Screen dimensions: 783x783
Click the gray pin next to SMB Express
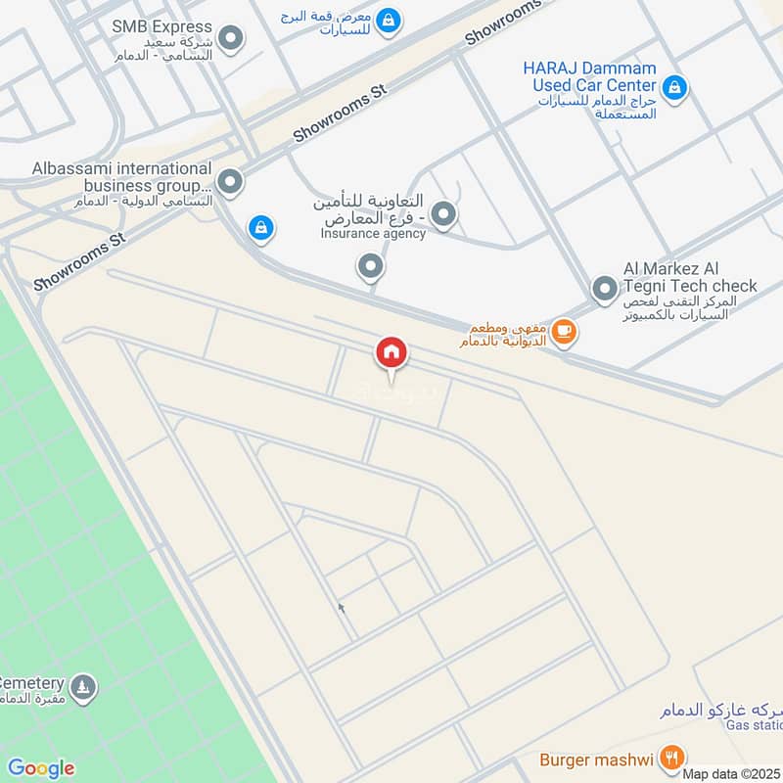pyautogui.click(x=231, y=39)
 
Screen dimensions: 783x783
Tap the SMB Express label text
pyautogui.click(x=161, y=26)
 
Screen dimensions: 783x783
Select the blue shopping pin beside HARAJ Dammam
pyautogui.click(x=673, y=89)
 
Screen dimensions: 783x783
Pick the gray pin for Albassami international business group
pyautogui.click(x=230, y=181)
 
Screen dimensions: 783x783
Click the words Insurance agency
pyautogui.click(x=374, y=234)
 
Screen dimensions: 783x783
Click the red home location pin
pyautogui.click(x=391, y=353)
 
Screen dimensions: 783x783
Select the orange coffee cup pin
pyautogui.click(x=563, y=332)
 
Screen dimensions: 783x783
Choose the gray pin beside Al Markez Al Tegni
pyautogui.click(x=605, y=288)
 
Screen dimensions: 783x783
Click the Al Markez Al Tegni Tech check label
pyautogui.click(x=690, y=277)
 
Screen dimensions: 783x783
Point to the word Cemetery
pyautogui.click(x=32, y=682)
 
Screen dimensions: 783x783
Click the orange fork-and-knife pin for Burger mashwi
pyautogui.click(x=671, y=758)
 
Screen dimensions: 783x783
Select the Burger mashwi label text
pyautogui.click(x=597, y=759)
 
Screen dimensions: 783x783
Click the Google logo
pyautogui.click(x=40, y=768)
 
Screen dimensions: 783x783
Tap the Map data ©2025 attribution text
pyautogui.click(x=730, y=774)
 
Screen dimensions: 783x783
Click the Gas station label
pyautogui.click(x=755, y=724)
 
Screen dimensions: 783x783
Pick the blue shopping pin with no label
pyautogui.click(x=259, y=228)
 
